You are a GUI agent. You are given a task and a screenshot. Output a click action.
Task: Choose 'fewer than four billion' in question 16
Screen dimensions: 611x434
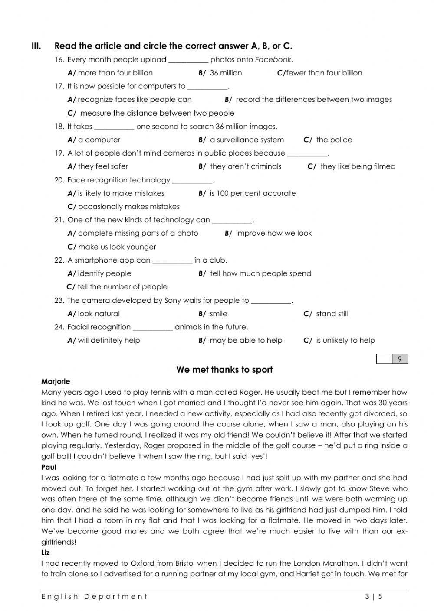320,73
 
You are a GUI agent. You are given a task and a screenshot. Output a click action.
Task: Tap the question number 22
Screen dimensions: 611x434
59,260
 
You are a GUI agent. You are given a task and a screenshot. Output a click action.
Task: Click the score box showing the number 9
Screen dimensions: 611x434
399,359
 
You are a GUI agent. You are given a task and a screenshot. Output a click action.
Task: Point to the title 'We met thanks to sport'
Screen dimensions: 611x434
224,370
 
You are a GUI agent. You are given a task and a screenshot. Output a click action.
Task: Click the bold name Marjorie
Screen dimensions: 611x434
56,381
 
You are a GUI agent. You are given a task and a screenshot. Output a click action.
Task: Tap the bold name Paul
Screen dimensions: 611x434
49,467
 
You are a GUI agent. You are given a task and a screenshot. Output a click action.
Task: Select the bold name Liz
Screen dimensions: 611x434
46,552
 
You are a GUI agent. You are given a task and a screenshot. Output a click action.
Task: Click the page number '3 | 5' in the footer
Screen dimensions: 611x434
374,597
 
